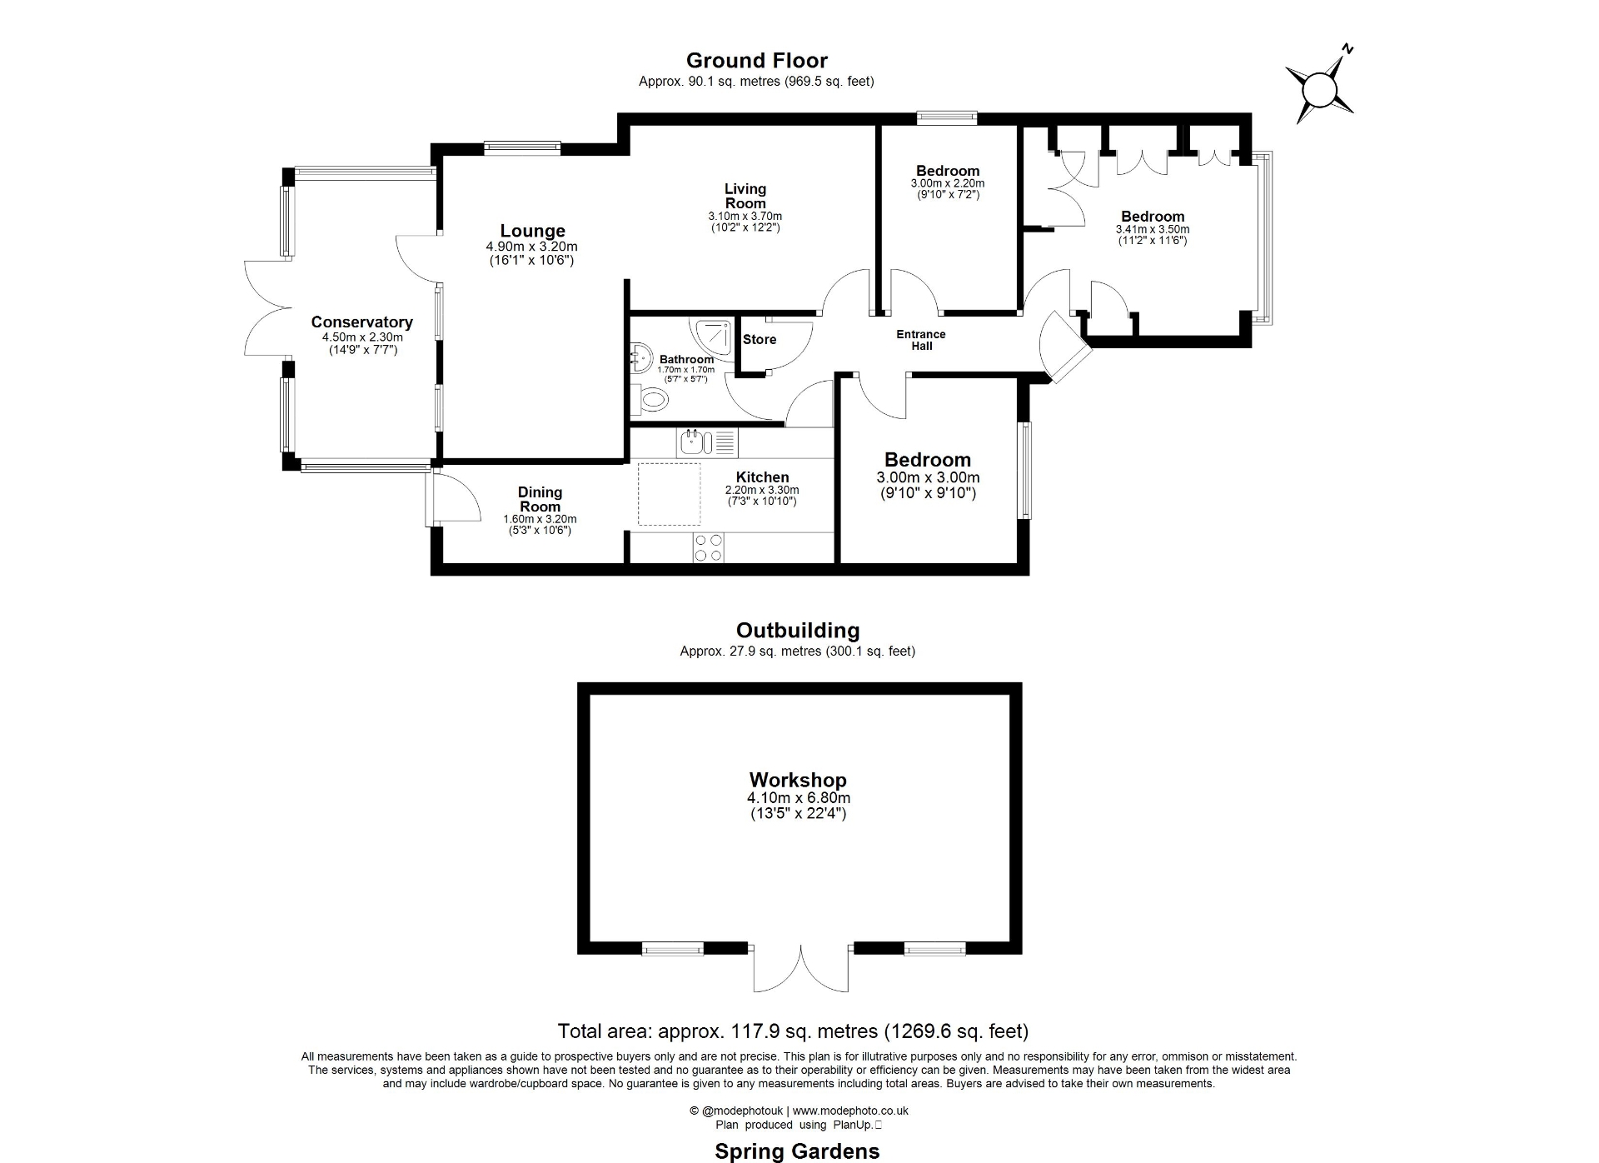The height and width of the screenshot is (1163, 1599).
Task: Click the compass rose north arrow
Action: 1319,88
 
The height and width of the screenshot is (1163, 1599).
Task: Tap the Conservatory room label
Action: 361,322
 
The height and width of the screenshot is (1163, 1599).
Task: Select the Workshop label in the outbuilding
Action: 798,780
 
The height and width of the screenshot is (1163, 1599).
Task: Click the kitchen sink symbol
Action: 691,442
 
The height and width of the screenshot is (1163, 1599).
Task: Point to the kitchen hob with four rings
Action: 708,547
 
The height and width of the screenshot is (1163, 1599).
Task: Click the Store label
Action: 759,340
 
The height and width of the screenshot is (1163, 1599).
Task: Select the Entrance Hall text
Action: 920,340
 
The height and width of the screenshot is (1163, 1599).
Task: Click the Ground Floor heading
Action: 756,61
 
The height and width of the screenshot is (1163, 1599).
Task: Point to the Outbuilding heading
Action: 797,631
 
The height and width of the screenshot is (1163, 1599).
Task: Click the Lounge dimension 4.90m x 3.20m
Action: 531,247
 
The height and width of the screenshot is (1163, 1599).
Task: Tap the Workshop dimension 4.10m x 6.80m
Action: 798,798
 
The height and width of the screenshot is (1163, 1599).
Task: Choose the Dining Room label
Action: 540,499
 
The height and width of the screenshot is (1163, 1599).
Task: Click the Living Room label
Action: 745,196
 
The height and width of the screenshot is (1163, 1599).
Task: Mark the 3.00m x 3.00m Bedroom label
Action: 928,461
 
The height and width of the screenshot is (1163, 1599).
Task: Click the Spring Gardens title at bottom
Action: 797,1151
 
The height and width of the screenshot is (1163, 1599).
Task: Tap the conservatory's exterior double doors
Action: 266,308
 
